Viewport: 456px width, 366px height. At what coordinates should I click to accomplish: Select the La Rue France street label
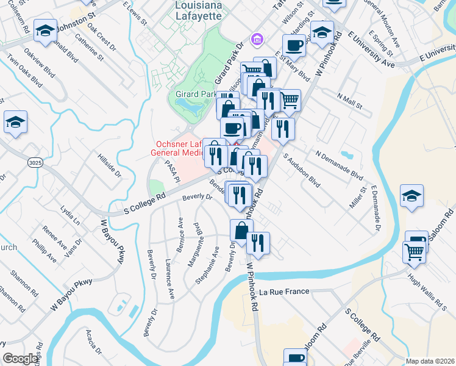click(x=285, y=292)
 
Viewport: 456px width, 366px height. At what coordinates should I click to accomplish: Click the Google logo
click(x=21, y=359)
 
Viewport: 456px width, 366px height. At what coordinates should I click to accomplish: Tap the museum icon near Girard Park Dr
click(x=257, y=39)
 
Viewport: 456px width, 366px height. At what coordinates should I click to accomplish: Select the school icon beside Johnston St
click(x=45, y=30)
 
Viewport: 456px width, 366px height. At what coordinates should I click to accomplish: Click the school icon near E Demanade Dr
click(x=412, y=196)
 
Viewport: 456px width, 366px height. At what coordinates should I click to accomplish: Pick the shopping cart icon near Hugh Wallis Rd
click(x=414, y=251)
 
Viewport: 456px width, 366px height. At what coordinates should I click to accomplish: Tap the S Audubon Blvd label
click(x=302, y=170)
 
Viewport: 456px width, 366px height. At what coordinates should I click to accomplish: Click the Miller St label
click(x=357, y=198)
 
